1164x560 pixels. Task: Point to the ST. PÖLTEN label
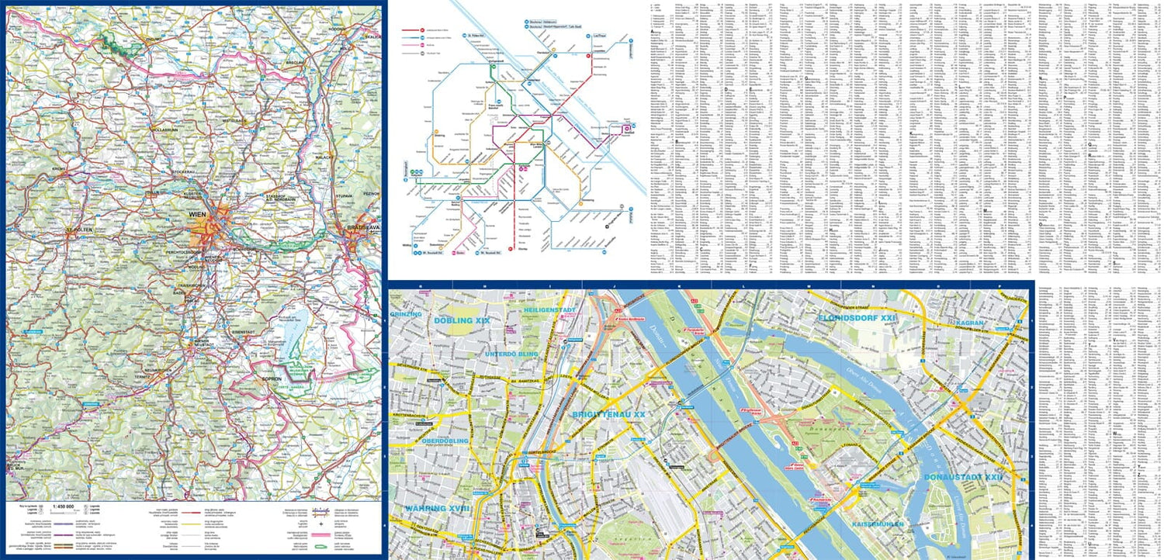click(79, 230)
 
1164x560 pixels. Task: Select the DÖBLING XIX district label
click(462, 320)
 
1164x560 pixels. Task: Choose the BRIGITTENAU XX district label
click(609, 415)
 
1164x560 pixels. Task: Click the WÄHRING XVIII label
click(438, 509)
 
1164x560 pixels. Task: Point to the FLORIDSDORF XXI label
click(857, 318)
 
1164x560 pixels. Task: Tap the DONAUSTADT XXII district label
click(963, 477)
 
